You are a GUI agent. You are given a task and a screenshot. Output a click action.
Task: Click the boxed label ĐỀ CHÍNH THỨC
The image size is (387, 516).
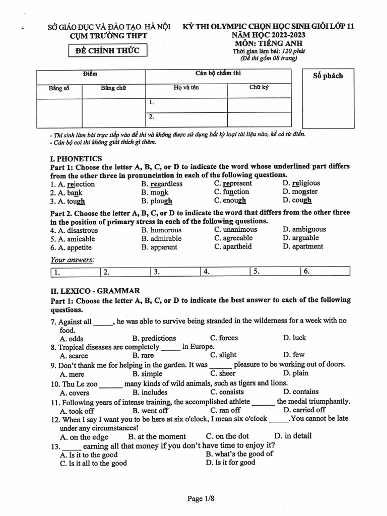108,50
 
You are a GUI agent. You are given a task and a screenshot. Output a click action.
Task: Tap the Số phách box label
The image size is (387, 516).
328,76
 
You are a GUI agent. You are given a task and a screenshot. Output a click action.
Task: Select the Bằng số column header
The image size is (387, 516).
59,88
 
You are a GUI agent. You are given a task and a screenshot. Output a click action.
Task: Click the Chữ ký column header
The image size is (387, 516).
259,88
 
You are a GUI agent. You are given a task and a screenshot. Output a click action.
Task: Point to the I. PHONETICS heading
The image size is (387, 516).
76,158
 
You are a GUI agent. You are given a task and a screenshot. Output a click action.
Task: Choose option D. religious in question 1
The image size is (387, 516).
301,183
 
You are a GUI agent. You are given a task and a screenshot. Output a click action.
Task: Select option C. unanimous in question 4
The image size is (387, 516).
235,229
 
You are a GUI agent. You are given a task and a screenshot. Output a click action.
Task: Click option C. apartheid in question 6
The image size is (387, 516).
233,246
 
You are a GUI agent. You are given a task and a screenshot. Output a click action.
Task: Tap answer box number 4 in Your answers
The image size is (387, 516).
224,272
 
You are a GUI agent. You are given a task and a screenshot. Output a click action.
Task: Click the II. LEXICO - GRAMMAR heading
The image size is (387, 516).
95,291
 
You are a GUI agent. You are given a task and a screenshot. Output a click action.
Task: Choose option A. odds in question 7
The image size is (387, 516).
72,339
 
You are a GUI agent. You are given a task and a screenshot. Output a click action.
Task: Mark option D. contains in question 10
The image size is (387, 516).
300,392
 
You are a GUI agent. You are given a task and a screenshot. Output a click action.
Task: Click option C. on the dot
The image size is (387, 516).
227,436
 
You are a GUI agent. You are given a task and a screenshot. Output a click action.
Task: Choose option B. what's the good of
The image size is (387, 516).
239,454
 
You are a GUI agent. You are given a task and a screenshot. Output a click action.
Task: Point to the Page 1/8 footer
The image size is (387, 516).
201,499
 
